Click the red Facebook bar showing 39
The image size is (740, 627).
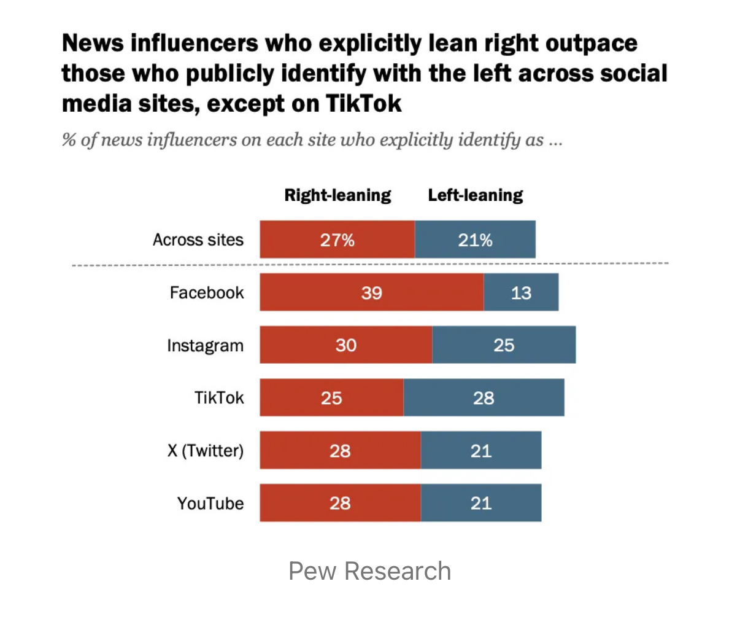coord(371,292)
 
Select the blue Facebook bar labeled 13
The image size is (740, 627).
coord(521,292)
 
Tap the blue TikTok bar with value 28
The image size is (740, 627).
coord(484,397)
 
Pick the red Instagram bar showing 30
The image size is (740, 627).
coord(345,345)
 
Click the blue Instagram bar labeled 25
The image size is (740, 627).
coord(504,345)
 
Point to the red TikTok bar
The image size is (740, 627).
coord(331,397)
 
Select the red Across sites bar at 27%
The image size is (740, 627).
coord(337,240)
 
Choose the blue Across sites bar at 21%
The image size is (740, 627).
coord(475,240)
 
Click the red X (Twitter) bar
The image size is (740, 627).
coord(340,450)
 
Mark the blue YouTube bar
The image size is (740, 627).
coord(481,503)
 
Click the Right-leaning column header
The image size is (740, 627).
coord(337,195)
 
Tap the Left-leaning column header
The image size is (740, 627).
coord(476,195)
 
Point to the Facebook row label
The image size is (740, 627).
coord(207,292)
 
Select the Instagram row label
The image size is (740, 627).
coord(205,345)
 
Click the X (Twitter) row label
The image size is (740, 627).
coord(206,450)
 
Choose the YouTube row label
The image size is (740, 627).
coord(210,504)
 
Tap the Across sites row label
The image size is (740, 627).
coord(198,240)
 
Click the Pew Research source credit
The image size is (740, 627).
coord(370,571)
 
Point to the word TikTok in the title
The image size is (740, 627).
coord(363,103)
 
